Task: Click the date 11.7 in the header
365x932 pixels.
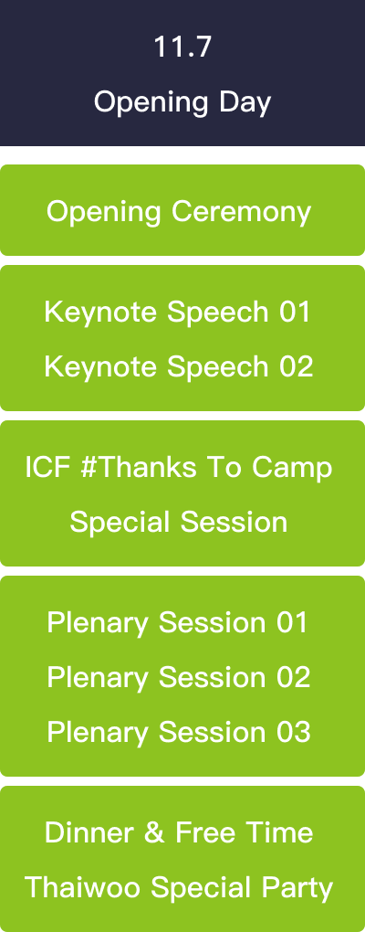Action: pos(182,47)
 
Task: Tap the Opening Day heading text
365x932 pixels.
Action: pos(182,102)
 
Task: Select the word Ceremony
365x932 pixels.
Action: pos(242,212)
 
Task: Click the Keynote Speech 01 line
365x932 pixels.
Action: pos(177,312)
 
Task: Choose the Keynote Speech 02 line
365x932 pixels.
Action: pos(179,366)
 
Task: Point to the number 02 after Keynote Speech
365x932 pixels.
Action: pos(297,366)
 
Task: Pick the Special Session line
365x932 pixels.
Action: pos(179,523)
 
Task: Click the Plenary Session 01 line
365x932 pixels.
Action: pos(177,623)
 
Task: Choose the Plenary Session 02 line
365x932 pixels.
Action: pos(179,678)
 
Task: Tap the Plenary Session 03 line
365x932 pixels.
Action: pos(179,733)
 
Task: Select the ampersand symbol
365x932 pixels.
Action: pos(154,832)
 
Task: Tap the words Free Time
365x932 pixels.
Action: pos(244,832)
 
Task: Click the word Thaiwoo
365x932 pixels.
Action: pos(82,888)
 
